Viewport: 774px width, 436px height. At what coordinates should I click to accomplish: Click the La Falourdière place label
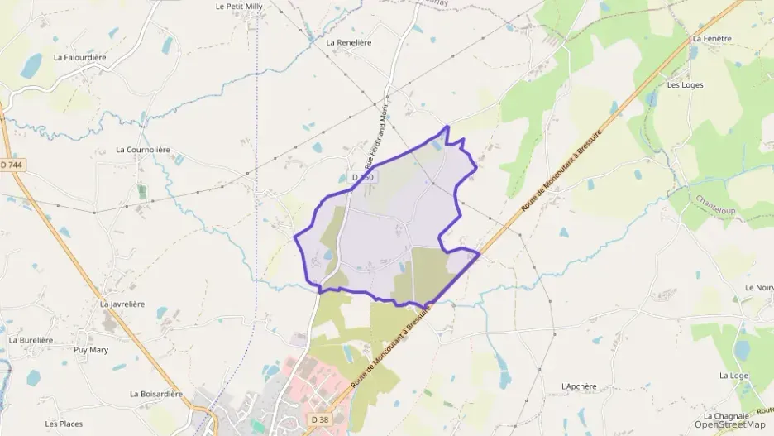click(x=81, y=58)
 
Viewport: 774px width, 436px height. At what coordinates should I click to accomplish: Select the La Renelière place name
click(x=349, y=42)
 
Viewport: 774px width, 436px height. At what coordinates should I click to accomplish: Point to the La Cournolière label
click(x=143, y=150)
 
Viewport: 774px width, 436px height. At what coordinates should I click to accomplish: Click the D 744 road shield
click(x=12, y=165)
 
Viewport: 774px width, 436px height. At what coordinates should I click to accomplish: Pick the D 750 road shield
click(x=363, y=177)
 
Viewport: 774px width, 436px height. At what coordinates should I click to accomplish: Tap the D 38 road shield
click(x=319, y=420)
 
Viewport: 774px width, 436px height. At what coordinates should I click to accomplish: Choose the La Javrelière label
click(x=122, y=304)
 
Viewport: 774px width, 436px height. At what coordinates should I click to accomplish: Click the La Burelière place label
click(x=31, y=340)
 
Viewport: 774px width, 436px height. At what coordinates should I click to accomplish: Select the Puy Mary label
click(x=91, y=350)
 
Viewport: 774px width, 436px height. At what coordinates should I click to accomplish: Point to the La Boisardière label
click(x=155, y=394)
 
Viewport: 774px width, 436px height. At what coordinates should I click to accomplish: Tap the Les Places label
click(x=64, y=424)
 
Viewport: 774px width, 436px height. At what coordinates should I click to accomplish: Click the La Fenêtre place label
click(x=712, y=38)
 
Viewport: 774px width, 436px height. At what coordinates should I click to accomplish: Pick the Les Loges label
click(x=685, y=84)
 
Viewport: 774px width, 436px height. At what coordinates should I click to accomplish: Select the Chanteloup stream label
click(x=714, y=201)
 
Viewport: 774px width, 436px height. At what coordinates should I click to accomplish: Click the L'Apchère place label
click(x=579, y=386)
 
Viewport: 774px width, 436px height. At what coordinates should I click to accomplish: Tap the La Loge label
click(x=733, y=376)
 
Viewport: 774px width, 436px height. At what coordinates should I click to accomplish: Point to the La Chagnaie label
click(x=726, y=415)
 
